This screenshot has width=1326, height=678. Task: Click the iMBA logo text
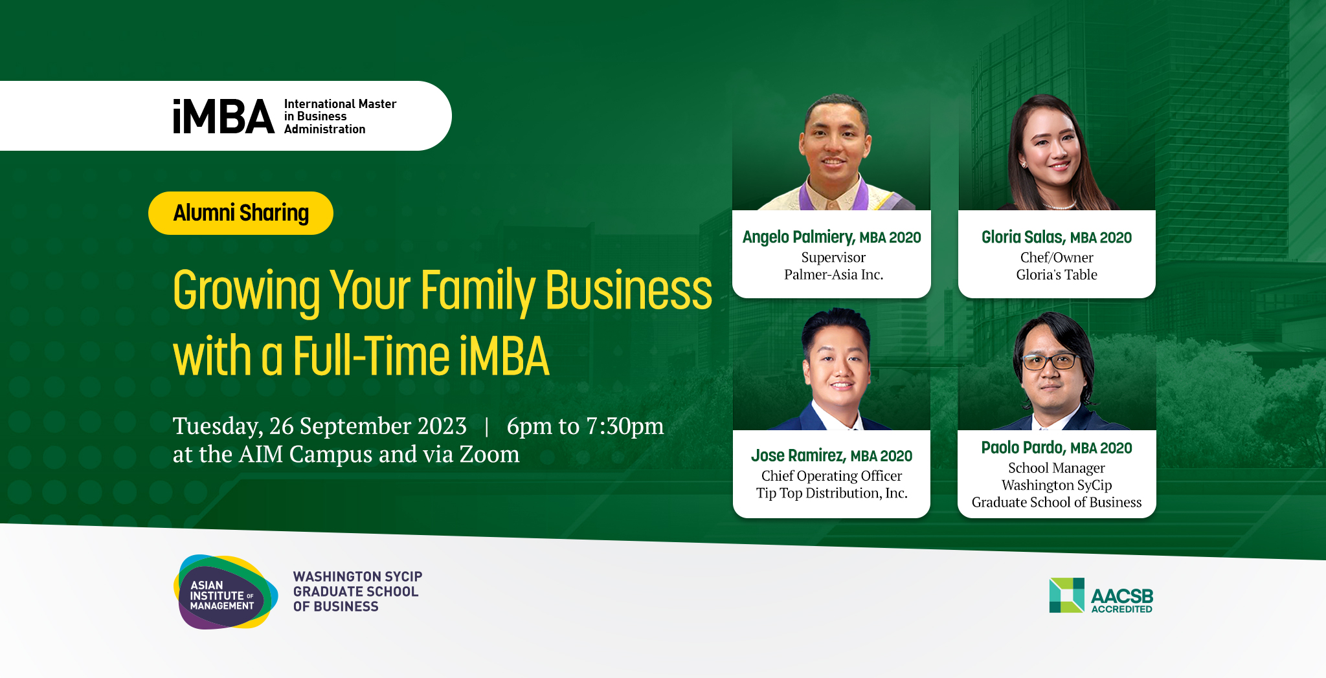pyautogui.click(x=223, y=116)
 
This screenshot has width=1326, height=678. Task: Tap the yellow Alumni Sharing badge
pyautogui.click(x=241, y=213)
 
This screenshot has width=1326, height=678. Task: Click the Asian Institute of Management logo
pyautogui.click(x=225, y=592)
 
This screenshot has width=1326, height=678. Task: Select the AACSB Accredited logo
pyautogui.click(x=1101, y=595)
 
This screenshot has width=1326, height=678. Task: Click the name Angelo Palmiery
pyautogui.click(x=798, y=237)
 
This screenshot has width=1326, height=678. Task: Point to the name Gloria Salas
pyautogui.click(x=1023, y=237)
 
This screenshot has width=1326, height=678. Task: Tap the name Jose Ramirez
pyautogui.click(x=798, y=455)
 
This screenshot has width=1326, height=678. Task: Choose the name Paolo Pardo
pyautogui.click(x=1023, y=448)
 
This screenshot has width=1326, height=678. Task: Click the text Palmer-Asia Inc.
pyautogui.click(x=833, y=274)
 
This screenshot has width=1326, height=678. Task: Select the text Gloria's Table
pyautogui.click(x=1057, y=274)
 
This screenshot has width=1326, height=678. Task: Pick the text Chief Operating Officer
pyautogui.click(x=831, y=476)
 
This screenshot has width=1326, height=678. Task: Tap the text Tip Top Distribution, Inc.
pyautogui.click(x=831, y=493)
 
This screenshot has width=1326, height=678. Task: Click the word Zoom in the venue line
pyautogui.click(x=489, y=454)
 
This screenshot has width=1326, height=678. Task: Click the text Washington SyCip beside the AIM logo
pyautogui.click(x=357, y=576)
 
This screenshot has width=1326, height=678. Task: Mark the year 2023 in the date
pyautogui.click(x=442, y=426)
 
